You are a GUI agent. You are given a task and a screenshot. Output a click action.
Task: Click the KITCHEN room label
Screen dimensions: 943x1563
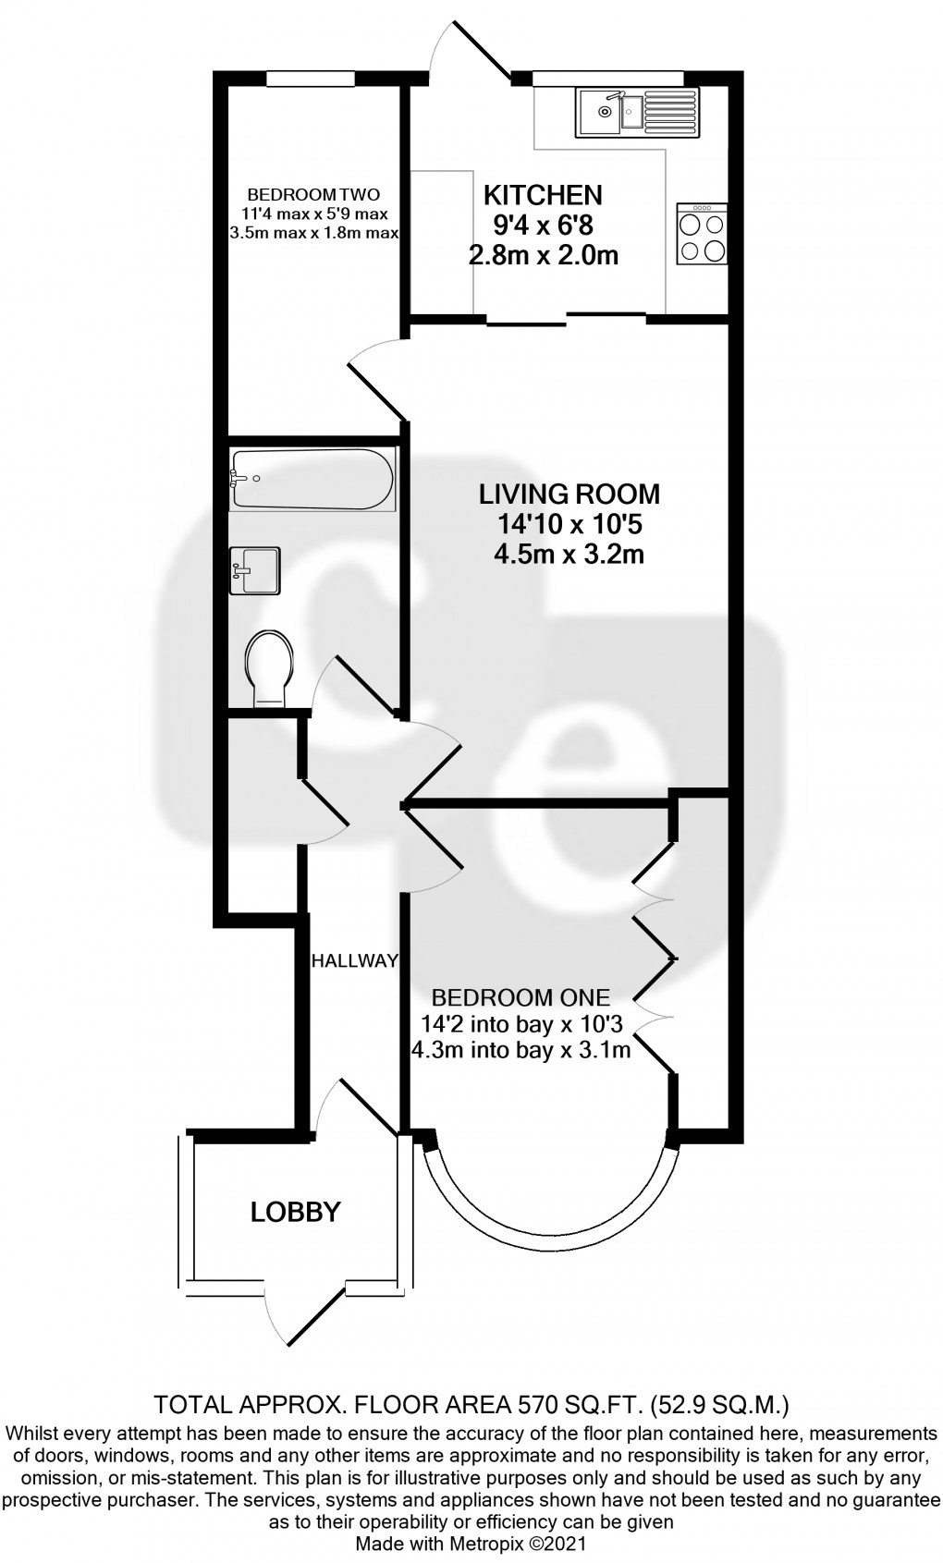pyautogui.click(x=543, y=195)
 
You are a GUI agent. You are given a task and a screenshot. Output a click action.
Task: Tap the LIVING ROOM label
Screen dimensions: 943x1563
pyautogui.click(x=569, y=494)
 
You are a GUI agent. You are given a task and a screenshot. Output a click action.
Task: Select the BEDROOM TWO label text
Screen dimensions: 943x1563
pyautogui.click(x=314, y=195)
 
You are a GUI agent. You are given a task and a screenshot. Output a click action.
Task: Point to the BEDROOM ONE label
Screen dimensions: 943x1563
pyautogui.click(x=520, y=997)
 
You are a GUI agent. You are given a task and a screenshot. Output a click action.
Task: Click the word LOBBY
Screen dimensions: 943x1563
pyautogui.click(x=295, y=1212)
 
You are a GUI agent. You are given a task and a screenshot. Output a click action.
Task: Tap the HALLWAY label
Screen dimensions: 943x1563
pyautogui.click(x=355, y=961)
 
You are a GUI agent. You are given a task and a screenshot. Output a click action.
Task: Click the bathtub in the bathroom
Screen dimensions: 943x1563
pyautogui.click(x=312, y=479)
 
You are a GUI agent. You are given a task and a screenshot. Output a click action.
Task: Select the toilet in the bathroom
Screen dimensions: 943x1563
pyautogui.click(x=269, y=668)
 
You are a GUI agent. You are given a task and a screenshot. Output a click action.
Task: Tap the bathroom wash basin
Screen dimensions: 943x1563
pyautogui.click(x=255, y=571)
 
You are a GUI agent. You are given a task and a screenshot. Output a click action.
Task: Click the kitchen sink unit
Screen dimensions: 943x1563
pyautogui.click(x=637, y=113)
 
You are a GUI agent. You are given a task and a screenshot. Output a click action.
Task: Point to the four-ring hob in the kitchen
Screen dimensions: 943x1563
pyautogui.click(x=703, y=234)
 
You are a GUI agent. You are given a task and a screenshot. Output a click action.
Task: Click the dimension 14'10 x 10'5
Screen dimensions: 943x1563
pyautogui.click(x=569, y=524)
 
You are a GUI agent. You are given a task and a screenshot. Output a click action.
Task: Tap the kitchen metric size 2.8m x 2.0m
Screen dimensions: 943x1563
pyautogui.click(x=543, y=255)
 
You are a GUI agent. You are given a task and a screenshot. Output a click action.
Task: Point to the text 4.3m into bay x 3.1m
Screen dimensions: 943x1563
pyautogui.click(x=520, y=1049)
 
